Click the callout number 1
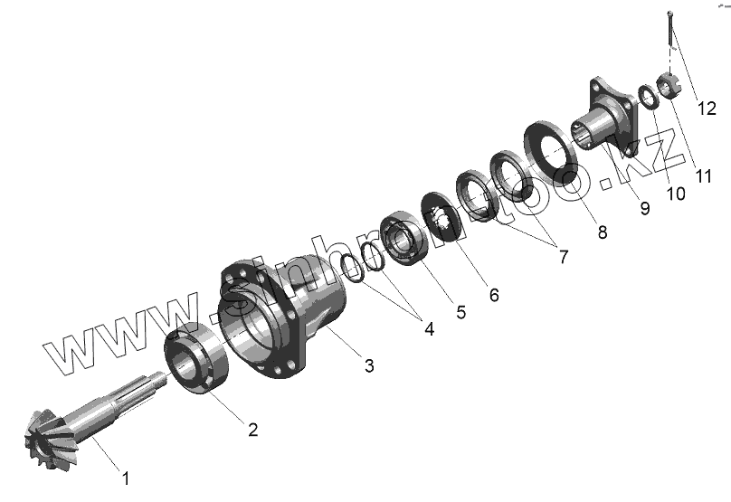point(126,478)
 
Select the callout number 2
point(252,430)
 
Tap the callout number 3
point(369,366)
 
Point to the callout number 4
point(429,329)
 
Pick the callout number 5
point(460,312)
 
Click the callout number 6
point(494,295)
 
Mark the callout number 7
point(564,257)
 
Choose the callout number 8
point(603,232)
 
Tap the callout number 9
point(645,208)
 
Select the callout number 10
point(676,194)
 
